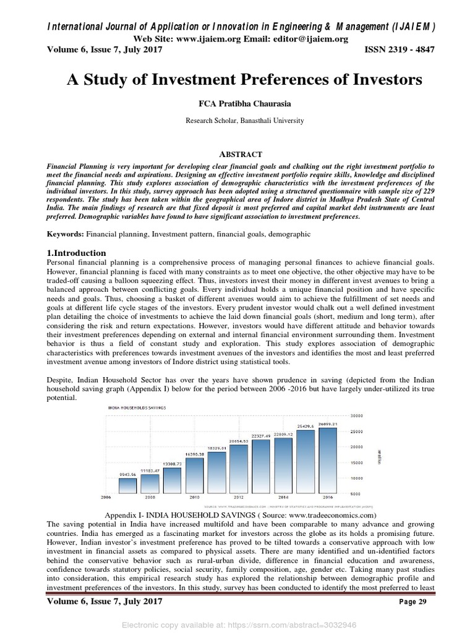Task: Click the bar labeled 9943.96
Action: pyautogui.click(x=127, y=485)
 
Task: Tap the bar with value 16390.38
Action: pyautogui.click(x=194, y=474)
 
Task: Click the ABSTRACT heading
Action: pyautogui.click(x=237, y=154)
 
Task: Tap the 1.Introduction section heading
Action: pyautogui.click(x=77, y=253)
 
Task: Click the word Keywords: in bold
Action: pyautogui.click(x=66, y=235)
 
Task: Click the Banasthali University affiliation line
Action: pyautogui.click(x=237, y=121)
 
